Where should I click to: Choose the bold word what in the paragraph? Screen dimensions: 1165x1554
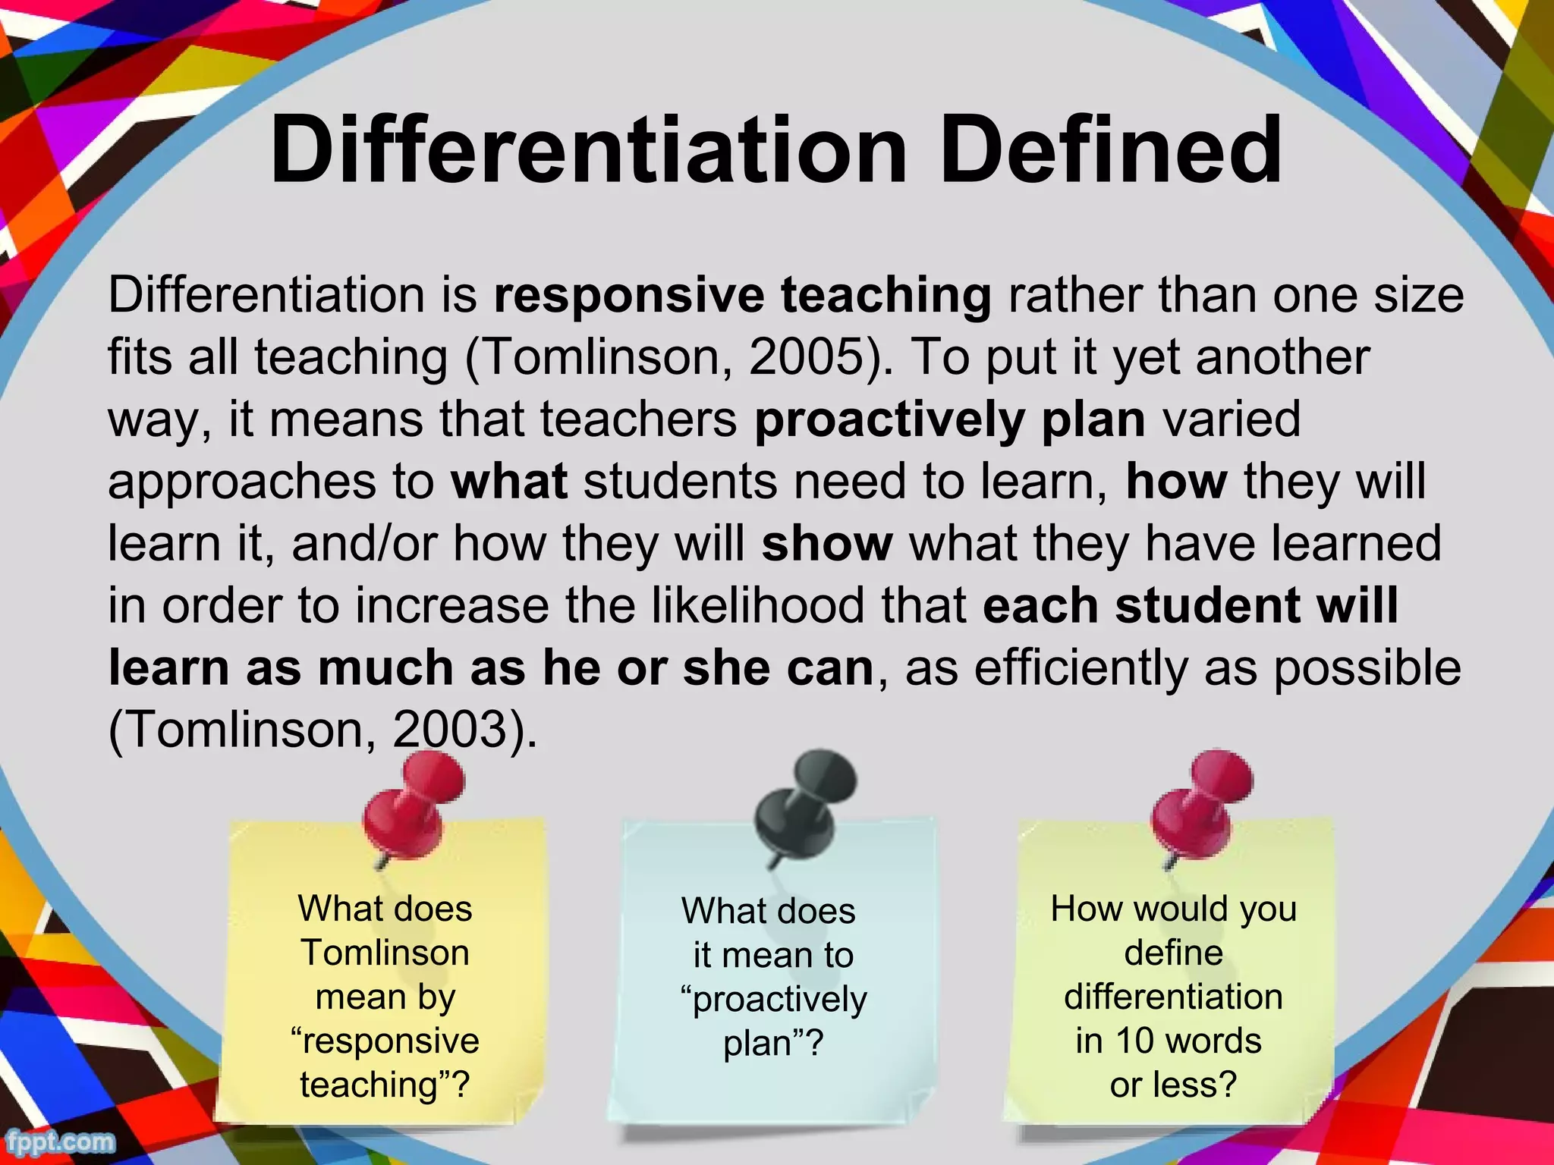point(508,481)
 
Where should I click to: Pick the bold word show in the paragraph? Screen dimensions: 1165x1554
point(827,543)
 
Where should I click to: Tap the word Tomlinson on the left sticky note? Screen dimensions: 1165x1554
point(385,953)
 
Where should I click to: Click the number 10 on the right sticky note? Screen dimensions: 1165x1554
point(1134,1041)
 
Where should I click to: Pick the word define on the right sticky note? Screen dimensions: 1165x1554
point(1173,953)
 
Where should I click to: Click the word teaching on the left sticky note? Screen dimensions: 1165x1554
point(370,1085)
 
